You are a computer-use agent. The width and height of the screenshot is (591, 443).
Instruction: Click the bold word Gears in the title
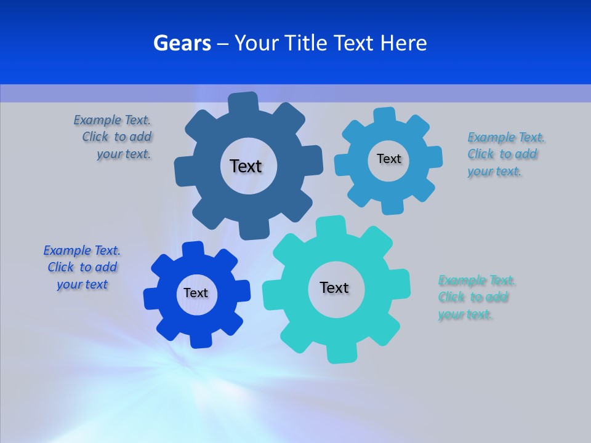point(182,43)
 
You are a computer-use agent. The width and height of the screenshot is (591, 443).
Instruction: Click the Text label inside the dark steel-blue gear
point(246,166)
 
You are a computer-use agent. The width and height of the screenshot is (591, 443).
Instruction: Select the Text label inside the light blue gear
point(388,159)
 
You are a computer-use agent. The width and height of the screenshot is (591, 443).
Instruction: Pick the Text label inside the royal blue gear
point(196,293)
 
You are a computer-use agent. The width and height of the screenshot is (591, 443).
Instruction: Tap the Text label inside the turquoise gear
point(334,288)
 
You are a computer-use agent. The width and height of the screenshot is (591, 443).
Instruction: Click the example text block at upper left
point(113,137)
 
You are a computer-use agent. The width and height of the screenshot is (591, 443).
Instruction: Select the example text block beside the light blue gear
point(505,154)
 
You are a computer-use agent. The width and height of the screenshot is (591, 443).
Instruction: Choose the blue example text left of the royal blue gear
point(82,268)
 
